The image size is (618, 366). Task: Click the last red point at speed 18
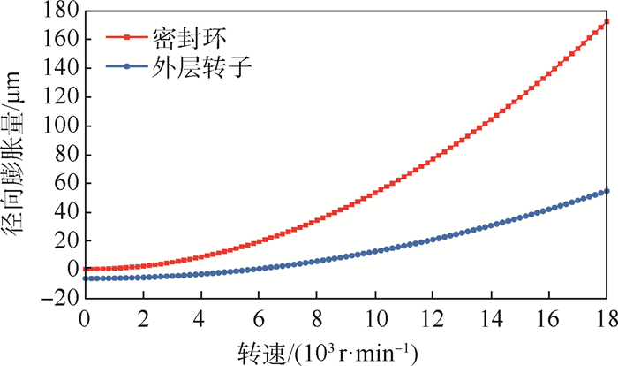point(604,23)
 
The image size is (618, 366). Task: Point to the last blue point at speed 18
point(604,191)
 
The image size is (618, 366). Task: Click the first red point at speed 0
point(86,269)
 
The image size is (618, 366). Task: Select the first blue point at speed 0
point(86,278)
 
